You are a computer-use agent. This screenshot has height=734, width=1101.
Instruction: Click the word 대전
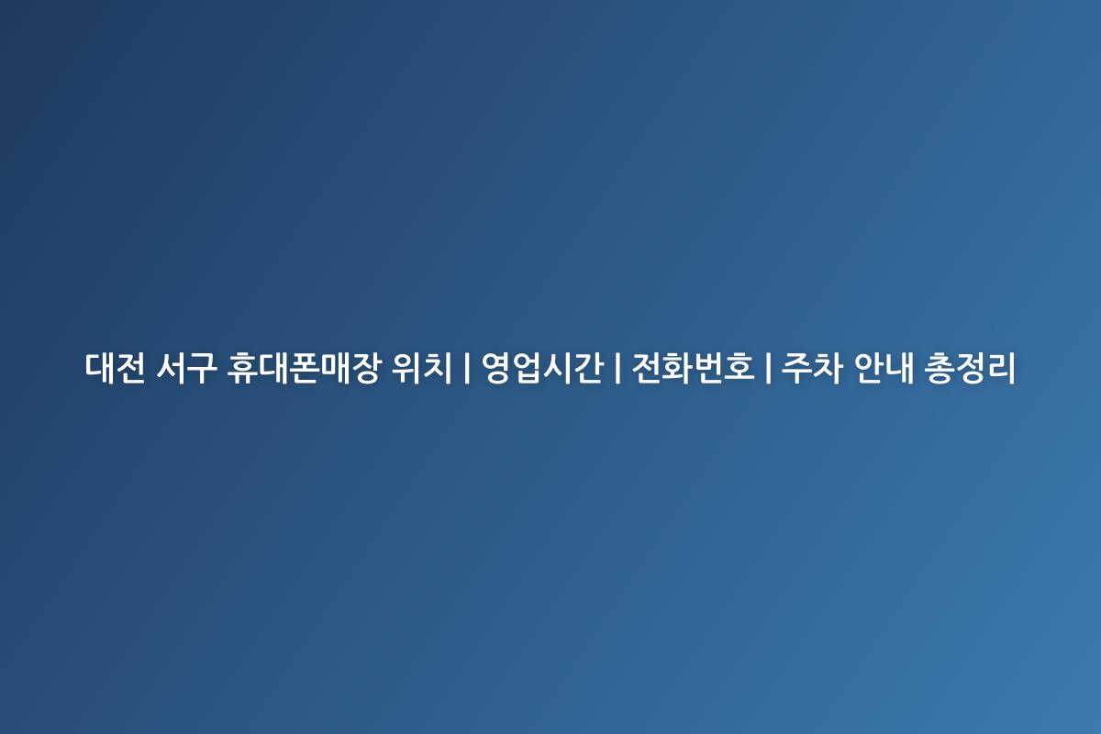(115, 368)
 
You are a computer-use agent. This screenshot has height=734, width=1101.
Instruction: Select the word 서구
(187, 368)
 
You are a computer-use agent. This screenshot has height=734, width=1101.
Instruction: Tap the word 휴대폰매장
(305, 368)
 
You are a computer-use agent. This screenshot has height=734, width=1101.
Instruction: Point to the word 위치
(421, 368)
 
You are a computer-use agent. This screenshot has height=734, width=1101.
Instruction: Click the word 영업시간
(542, 368)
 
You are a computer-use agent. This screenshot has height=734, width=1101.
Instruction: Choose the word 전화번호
(693, 368)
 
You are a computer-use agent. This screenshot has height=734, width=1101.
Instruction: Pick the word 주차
(812, 368)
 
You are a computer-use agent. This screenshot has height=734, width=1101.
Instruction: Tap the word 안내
(884, 368)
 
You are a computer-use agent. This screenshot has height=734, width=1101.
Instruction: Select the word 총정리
(970, 368)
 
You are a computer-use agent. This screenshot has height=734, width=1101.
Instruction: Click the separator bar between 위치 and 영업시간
(466, 368)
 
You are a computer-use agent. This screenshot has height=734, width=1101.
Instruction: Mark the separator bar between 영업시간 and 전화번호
(617, 368)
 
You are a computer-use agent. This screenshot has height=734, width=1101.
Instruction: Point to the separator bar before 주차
(768, 368)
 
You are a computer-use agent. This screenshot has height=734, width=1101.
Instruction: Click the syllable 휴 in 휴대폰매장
(242, 368)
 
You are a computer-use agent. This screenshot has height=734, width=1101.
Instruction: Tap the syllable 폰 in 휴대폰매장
(305, 368)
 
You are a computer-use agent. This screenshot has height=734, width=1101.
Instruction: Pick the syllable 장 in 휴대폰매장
(366, 368)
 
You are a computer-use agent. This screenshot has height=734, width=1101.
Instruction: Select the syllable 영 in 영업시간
(497, 368)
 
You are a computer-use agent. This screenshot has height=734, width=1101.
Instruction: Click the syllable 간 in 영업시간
(589, 368)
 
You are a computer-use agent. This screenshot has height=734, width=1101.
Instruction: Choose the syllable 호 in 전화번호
(740, 368)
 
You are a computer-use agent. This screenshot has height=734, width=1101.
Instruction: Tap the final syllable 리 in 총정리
(1001, 368)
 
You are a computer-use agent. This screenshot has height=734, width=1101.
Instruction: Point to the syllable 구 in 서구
(203, 368)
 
